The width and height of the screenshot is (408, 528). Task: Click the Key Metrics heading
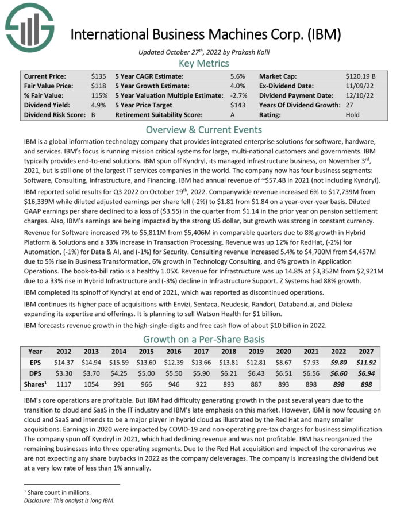click(x=204, y=63)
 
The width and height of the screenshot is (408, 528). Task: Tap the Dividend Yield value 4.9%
click(x=98, y=105)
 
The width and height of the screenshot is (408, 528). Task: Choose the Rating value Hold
click(x=353, y=114)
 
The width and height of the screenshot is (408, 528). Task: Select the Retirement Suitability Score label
click(x=161, y=114)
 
